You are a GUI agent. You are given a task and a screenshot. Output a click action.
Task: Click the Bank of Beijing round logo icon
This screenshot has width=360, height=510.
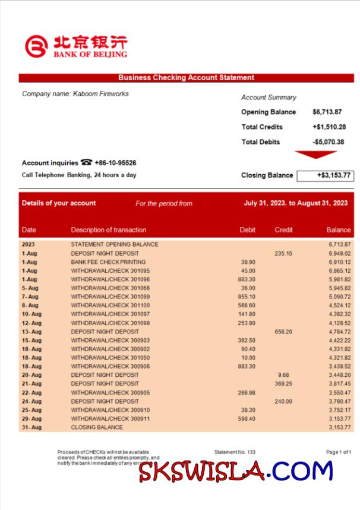click(x=36, y=46)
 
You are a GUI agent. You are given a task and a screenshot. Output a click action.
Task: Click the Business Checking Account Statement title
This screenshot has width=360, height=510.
click(x=186, y=77)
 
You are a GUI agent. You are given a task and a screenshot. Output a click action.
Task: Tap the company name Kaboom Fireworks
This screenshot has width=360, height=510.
click(x=75, y=94)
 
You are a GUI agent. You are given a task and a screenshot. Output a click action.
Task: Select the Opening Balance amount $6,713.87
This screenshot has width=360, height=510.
click(x=327, y=112)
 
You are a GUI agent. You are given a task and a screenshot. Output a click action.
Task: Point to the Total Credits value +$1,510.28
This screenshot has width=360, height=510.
click(x=329, y=127)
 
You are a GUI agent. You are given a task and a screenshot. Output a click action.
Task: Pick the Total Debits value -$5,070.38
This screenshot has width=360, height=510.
click(x=329, y=142)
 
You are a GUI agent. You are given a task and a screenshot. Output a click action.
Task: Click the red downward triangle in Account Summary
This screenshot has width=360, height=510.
click(x=316, y=155)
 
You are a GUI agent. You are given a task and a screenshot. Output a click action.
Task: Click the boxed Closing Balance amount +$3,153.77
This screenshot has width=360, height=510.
click(x=324, y=175)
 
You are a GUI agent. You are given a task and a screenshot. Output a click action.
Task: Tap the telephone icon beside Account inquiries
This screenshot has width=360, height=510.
click(x=87, y=163)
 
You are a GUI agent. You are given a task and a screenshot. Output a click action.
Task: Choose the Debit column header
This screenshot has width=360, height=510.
click(x=247, y=230)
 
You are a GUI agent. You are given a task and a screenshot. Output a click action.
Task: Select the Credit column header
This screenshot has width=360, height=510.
click(x=283, y=230)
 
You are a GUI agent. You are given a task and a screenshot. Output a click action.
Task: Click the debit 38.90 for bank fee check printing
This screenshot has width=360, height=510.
click(x=248, y=262)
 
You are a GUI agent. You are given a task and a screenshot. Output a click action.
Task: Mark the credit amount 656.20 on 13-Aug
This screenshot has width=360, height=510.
click(x=283, y=332)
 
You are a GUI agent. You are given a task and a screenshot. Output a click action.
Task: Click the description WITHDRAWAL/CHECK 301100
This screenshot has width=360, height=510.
click(x=110, y=306)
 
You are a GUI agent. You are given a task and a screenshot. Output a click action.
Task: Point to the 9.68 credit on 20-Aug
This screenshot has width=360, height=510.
click(x=283, y=375)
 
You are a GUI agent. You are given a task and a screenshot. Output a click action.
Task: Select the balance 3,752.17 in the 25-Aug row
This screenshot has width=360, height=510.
click(x=339, y=410)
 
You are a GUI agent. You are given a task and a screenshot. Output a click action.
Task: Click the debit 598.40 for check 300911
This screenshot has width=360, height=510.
click(x=247, y=418)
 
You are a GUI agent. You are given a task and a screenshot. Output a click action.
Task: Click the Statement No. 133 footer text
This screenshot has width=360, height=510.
click(x=235, y=452)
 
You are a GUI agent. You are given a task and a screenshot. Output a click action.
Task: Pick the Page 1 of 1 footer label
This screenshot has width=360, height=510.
click(x=339, y=452)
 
